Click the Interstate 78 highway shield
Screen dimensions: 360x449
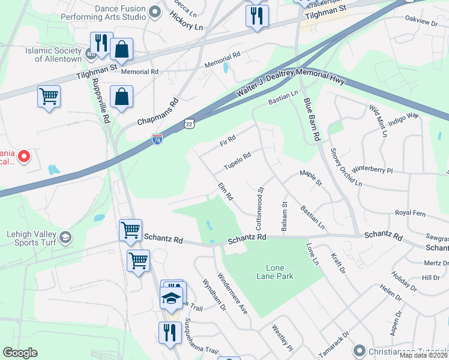click(x=157, y=139)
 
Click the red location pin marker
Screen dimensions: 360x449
click(x=24, y=157)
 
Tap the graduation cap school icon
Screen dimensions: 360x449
click(x=172, y=298)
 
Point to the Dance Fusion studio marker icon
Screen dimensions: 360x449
click(x=155, y=12)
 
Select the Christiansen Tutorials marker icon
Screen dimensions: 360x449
click(x=359, y=349)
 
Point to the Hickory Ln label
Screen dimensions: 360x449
click(x=187, y=25)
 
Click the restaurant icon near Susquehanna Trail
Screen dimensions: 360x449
click(x=169, y=332)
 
